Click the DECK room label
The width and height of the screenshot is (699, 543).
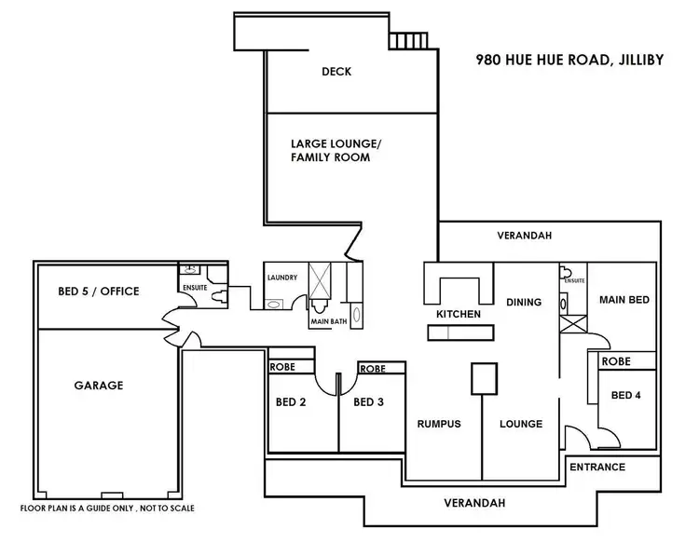tap(336, 72)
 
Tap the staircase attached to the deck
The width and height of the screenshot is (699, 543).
tap(407, 41)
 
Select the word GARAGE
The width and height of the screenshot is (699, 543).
tap(100, 385)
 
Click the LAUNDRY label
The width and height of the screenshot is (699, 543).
tap(281, 278)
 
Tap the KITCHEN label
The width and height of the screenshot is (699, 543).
tap(459, 314)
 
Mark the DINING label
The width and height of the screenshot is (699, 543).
tap(523, 302)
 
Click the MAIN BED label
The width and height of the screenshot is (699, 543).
tap(624, 300)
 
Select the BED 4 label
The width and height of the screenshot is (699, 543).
tap(625, 395)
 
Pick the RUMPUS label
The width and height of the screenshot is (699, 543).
tap(439, 424)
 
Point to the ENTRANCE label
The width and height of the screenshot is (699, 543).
tap(597, 467)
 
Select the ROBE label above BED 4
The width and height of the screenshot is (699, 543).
tap(617, 360)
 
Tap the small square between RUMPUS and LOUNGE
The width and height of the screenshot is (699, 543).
tap(483, 378)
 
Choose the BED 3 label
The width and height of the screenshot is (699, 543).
tap(370, 402)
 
